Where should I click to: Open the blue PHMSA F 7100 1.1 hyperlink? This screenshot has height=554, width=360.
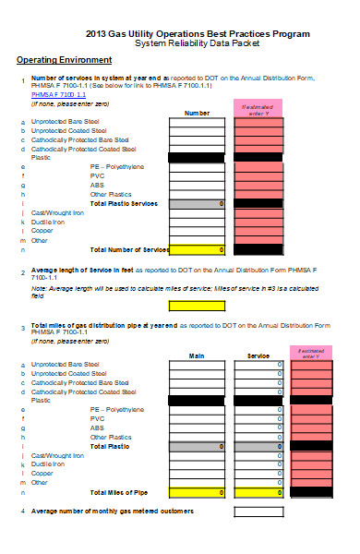[x=58, y=94]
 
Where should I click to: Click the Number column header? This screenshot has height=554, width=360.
[x=197, y=113]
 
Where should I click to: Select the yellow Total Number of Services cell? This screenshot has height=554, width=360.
[x=197, y=249]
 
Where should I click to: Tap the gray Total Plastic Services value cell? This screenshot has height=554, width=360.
[x=197, y=203]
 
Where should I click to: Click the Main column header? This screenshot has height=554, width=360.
[x=197, y=355]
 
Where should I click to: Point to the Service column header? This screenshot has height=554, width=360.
[x=258, y=355]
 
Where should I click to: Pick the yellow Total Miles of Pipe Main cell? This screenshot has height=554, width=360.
[x=197, y=493]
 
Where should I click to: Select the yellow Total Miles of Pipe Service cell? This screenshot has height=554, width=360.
[x=258, y=493]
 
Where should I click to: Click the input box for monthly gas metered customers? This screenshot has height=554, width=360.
[x=258, y=511]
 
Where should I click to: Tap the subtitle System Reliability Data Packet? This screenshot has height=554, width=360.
[x=197, y=43]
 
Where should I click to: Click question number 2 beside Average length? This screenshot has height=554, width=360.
[x=22, y=271]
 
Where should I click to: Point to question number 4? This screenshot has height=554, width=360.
[x=22, y=511]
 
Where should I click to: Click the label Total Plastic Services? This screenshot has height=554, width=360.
[x=124, y=203]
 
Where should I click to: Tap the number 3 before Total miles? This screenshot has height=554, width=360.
[x=22, y=326]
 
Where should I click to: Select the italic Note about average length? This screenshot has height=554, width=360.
[x=180, y=292]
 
